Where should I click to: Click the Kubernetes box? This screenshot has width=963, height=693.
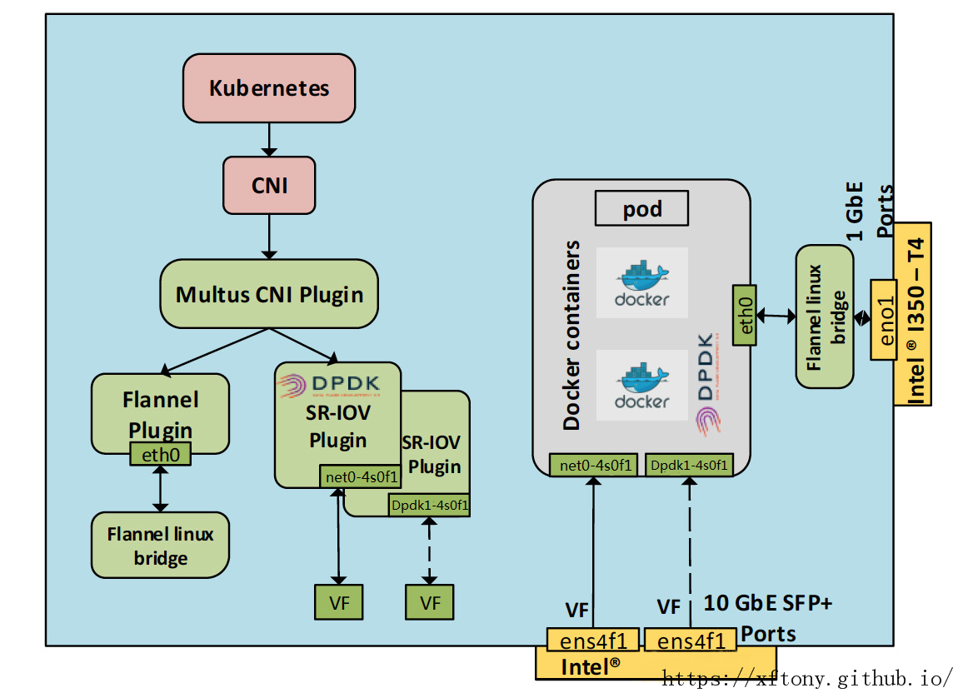coord(269,88)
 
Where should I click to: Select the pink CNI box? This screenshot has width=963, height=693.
coord(269,185)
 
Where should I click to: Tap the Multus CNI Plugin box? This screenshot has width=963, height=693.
coord(269,294)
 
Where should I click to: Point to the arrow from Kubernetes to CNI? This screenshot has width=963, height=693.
coord(269,139)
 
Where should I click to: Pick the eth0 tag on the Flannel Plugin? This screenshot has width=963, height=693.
coord(160,454)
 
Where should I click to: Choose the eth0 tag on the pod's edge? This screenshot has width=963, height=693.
coord(744,315)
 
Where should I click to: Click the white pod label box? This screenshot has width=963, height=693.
coord(641,208)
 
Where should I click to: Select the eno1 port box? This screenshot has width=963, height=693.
coord(883,319)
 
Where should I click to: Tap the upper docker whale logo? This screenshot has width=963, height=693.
coord(642,282)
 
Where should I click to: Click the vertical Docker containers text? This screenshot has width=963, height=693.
coord(571,336)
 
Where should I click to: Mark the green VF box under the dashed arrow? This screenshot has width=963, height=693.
coord(430,601)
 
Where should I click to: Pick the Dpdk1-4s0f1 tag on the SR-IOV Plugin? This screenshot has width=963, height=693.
coord(429,505)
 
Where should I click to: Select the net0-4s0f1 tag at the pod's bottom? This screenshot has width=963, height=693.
coord(595,465)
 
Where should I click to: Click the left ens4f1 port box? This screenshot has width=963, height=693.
coord(592,641)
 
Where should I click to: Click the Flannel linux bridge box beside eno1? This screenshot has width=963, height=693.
coord(825,317)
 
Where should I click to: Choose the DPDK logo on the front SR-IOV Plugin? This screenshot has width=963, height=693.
coord(329,384)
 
